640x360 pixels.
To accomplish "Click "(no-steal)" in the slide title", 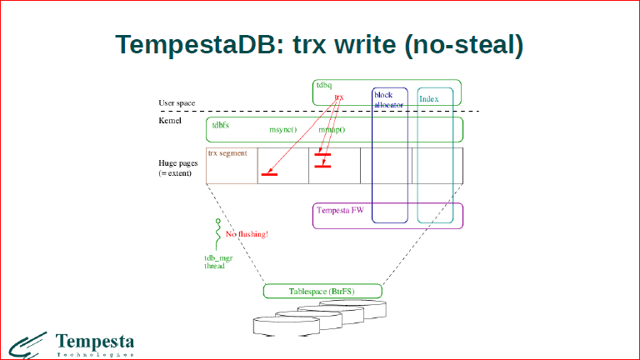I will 463,46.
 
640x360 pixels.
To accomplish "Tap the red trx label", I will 339,97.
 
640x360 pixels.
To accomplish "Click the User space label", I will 177,103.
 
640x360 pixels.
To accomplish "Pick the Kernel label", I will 170,121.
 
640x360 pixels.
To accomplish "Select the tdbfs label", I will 221,124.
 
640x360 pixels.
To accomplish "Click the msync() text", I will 282,131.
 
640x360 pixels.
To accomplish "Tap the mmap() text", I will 332,131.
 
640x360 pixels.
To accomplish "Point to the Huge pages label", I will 177,166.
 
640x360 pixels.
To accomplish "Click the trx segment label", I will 227,153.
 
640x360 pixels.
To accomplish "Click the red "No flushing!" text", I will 247,235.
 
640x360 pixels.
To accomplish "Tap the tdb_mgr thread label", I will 217,262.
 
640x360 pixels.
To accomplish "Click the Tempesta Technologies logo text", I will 94,342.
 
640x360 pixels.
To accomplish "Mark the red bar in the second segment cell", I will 269,174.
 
